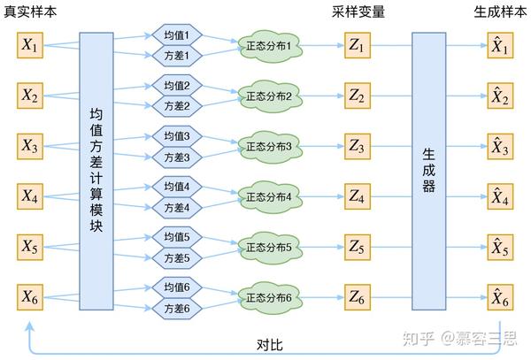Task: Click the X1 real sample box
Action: [x=30, y=45]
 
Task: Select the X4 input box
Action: [x=30, y=195]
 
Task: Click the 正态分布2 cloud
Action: [x=268, y=95]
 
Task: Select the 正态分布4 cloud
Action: [x=268, y=195]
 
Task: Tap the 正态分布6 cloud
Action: [x=268, y=296]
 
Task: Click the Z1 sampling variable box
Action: [x=358, y=45]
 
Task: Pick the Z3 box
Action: [x=358, y=145]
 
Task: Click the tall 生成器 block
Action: [x=429, y=171]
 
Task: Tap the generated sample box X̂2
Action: [x=500, y=95]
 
